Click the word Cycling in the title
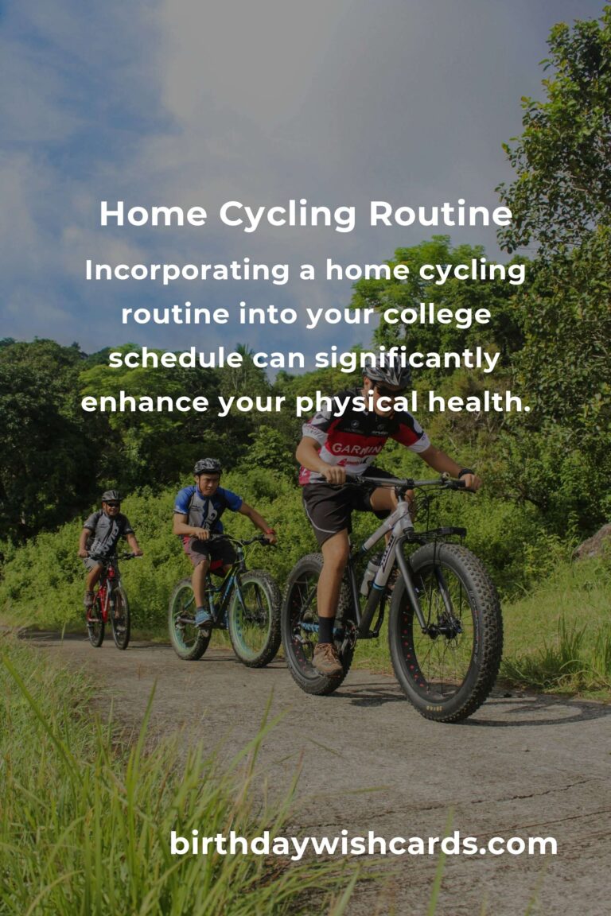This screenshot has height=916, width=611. click(288, 215)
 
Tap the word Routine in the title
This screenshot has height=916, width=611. click(441, 214)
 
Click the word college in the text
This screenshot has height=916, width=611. click(437, 316)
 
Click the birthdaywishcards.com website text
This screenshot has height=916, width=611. click(363, 844)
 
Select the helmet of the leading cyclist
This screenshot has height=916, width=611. click(387, 373)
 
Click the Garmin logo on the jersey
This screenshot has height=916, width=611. click(356, 449)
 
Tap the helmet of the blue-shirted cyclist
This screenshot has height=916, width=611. click(208, 466)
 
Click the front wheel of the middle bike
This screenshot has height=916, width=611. click(255, 619)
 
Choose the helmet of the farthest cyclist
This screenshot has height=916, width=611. click(111, 496)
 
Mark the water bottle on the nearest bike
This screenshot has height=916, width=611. click(370, 576)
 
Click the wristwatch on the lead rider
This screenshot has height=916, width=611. click(465, 472)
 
